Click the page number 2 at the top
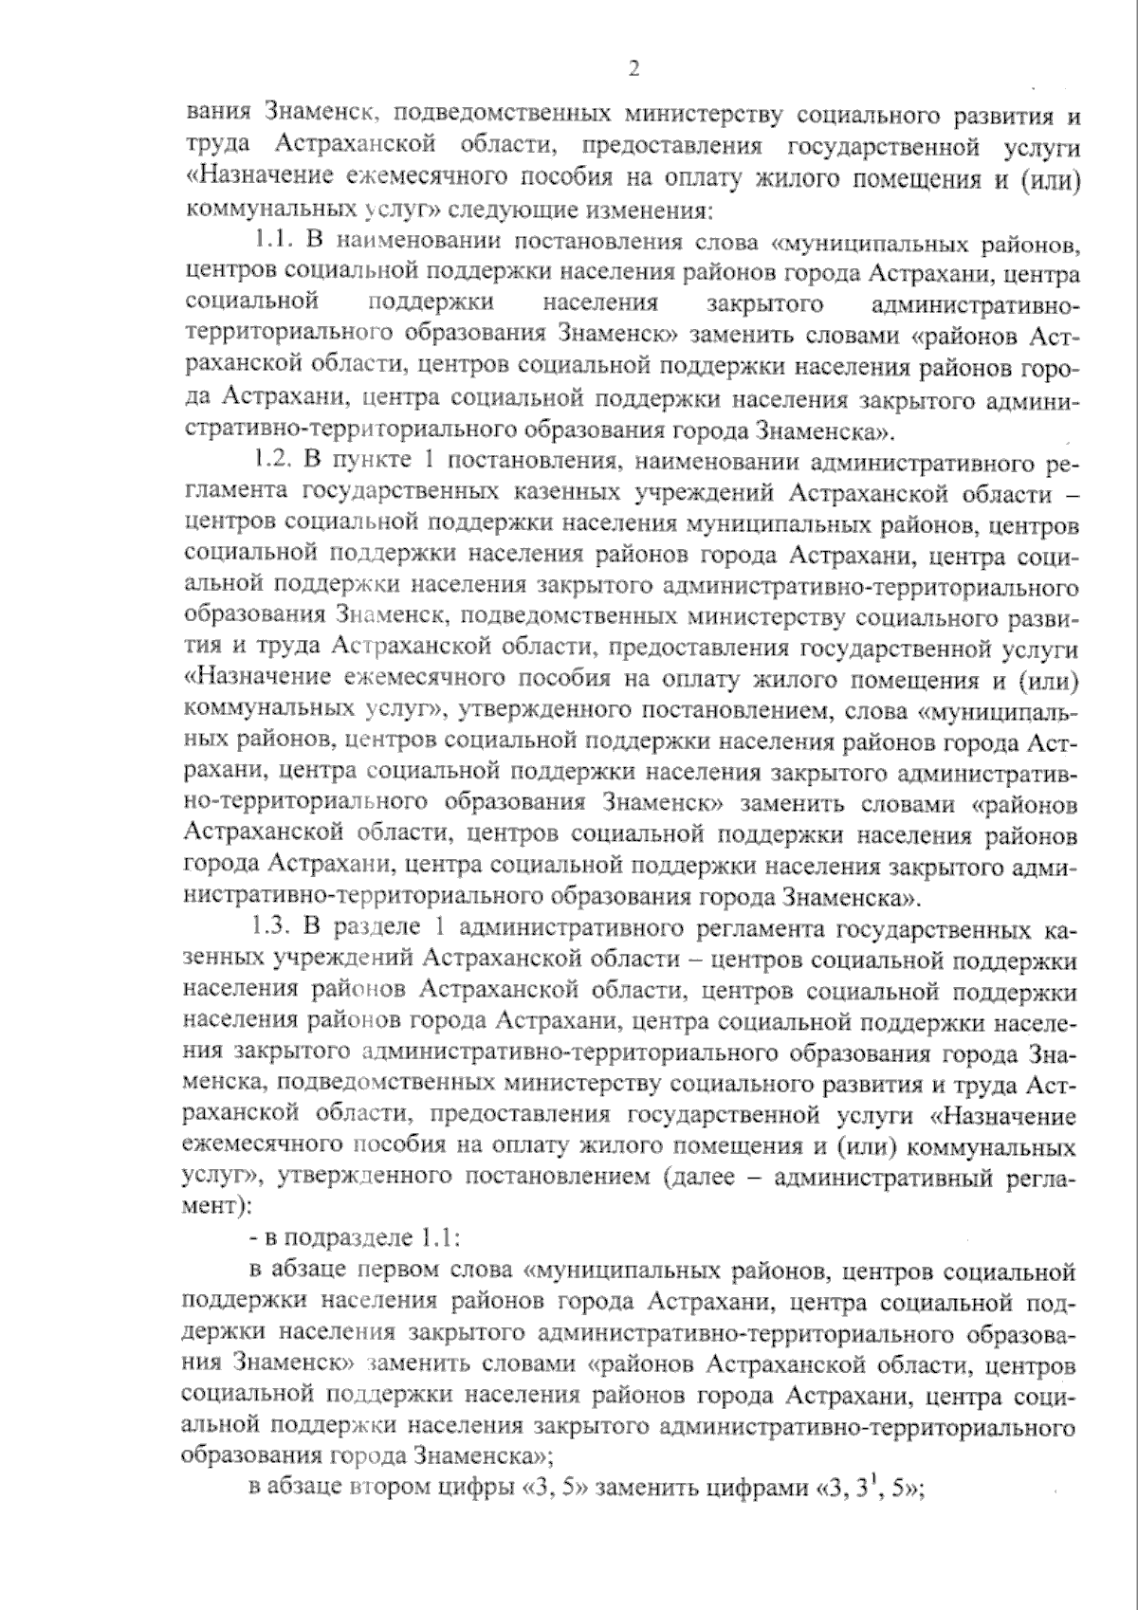click(x=633, y=67)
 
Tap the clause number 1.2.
click(x=276, y=462)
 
